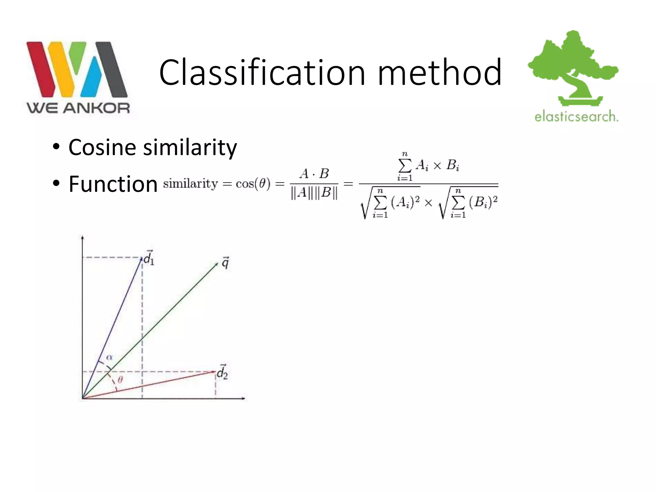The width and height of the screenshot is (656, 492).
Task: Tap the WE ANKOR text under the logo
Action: [x=78, y=108]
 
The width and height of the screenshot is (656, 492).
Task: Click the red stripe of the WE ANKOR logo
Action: [x=40, y=69]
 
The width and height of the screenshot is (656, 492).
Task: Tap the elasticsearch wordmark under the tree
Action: [x=576, y=116]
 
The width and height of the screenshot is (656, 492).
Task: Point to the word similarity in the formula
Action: [x=191, y=184]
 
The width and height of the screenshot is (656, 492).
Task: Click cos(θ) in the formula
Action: [x=253, y=184]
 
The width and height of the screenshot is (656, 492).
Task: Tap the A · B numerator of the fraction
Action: [x=314, y=174]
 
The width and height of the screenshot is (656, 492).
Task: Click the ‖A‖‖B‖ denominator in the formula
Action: [x=314, y=193]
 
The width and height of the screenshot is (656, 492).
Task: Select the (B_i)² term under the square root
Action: [x=483, y=202]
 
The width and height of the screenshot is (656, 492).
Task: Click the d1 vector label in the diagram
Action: [x=149, y=258]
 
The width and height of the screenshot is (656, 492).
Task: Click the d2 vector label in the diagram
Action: [x=222, y=373]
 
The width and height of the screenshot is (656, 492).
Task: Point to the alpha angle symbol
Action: [x=110, y=357]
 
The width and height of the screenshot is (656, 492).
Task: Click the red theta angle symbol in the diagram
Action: [x=120, y=380]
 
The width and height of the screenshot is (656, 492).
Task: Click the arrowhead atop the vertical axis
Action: [x=83, y=237]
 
